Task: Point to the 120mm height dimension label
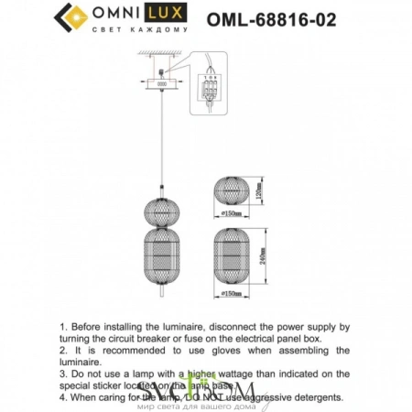point(259,189)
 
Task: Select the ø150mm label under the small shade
point(233,213)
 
